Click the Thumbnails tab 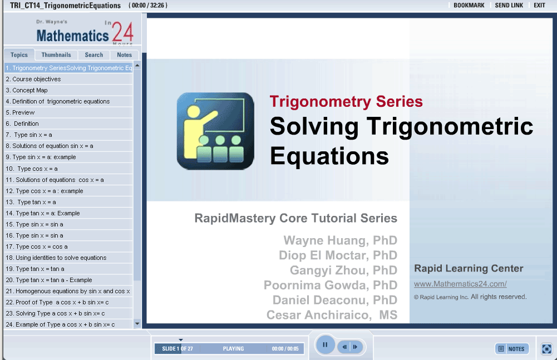coord(56,55)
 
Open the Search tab coord(94,55)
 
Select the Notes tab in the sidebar coord(124,55)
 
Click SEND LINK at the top coord(509,6)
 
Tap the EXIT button coord(539,6)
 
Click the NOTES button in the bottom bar coord(512,349)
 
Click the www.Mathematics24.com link coord(460,284)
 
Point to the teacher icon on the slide coord(215,131)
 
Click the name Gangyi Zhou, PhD coord(343,270)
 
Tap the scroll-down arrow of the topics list coord(137,324)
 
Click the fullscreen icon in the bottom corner coord(546,349)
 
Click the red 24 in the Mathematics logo coord(122,32)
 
